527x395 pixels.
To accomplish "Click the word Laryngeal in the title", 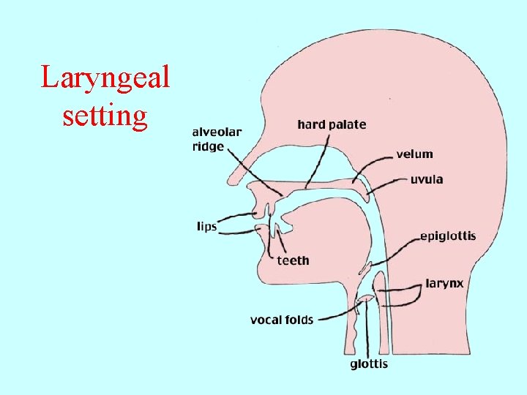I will [105, 77].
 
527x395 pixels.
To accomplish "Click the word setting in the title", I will [105, 115].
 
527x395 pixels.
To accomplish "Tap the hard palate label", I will [332, 125].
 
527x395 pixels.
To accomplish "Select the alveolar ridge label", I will [217, 139].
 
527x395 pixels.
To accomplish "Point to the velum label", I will [414, 154].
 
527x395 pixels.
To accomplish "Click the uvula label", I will [426, 179].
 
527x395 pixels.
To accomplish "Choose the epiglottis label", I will [447, 236].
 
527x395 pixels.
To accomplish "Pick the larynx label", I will [444, 283].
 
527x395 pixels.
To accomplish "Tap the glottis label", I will [368, 364].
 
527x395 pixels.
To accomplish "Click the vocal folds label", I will [282, 320].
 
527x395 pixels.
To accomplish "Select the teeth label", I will [293, 260].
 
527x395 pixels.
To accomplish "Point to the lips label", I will [207, 227].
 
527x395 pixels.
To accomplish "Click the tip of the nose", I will [231, 179].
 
